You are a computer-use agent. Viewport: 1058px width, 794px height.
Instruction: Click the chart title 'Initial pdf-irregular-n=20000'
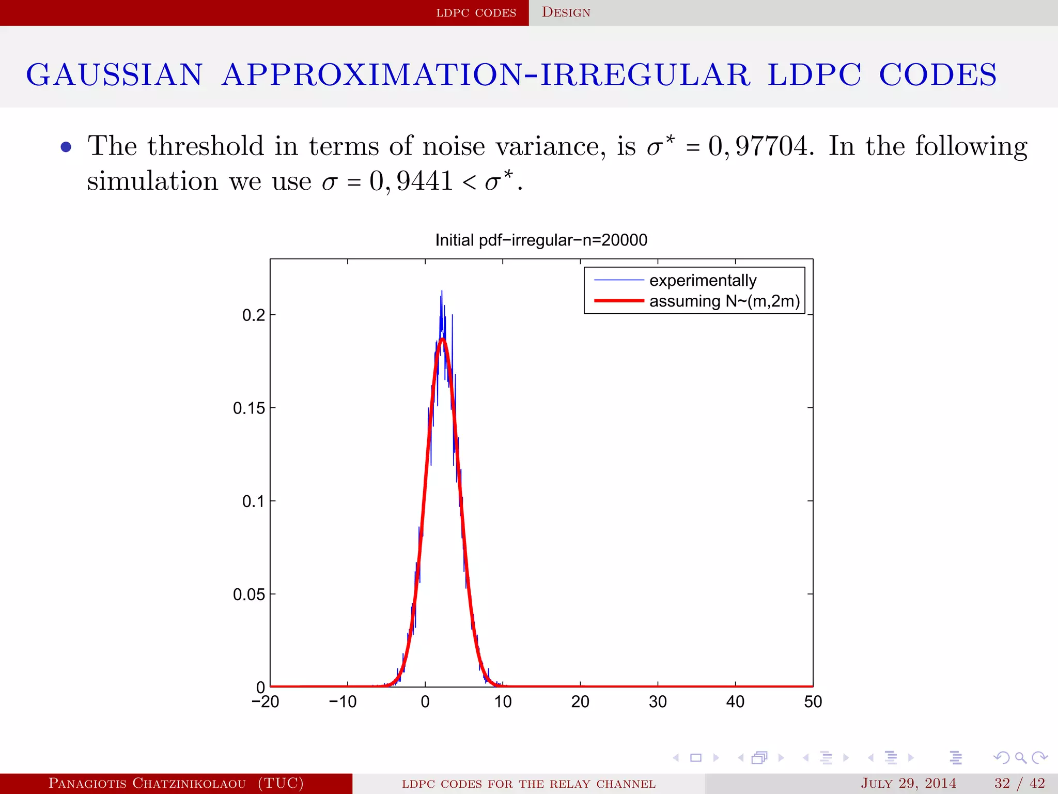[x=541, y=240]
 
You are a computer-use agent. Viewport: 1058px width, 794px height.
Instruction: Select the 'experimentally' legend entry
[x=702, y=280]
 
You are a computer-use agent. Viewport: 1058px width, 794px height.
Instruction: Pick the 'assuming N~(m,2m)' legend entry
[x=724, y=301]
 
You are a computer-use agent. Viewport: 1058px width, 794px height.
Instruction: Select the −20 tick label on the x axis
[x=265, y=702]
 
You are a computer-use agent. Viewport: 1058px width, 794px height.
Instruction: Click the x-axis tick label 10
[x=502, y=702]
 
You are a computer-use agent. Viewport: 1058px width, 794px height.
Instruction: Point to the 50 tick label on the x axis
[x=813, y=702]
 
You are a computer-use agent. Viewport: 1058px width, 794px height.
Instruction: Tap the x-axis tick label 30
[x=658, y=702]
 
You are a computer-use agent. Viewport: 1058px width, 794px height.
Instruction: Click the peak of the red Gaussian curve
[x=443, y=339]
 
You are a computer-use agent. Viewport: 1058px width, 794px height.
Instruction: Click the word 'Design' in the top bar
[x=566, y=12]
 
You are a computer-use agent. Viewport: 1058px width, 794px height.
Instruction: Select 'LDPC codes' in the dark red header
[x=476, y=12]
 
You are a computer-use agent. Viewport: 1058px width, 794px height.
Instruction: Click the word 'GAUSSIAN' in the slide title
[x=114, y=74]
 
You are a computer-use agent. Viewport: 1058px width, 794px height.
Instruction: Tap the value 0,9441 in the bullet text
[x=411, y=181]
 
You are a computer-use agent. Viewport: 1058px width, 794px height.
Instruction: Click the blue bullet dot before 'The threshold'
[x=66, y=147]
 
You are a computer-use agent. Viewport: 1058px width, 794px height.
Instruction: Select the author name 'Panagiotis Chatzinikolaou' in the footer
[x=147, y=783]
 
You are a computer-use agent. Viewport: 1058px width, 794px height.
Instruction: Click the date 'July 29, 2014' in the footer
[x=908, y=783]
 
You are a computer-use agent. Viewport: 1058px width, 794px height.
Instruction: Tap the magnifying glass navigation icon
[x=1020, y=758]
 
